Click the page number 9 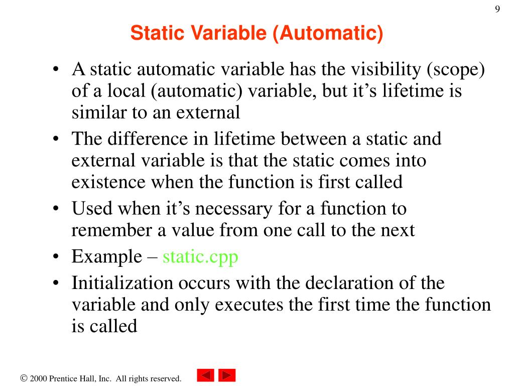pos(497,10)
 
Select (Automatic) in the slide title pos(328,35)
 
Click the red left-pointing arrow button pos(205,375)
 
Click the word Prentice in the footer pos(65,378)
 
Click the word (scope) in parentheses pos(456,70)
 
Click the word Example pos(107,257)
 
